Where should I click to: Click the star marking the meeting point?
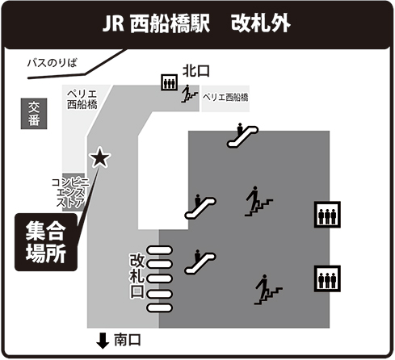[x=100, y=158]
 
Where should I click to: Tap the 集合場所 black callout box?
[x=46, y=242]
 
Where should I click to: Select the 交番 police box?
[x=34, y=114]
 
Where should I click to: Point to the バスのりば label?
[x=53, y=64]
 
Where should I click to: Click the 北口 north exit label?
[x=196, y=71]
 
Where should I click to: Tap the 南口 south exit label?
[x=128, y=340]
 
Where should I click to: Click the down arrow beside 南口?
[x=103, y=341]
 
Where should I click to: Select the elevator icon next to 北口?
[x=170, y=82]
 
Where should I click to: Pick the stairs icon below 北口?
[x=190, y=94]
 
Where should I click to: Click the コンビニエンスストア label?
[x=70, y=192]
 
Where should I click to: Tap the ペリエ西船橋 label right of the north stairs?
[x=225, y=97]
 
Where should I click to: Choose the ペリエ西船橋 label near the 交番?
[x=82, y=99]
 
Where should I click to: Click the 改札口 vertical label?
[x=137, y=275]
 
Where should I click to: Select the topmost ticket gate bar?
[x=159, y=250]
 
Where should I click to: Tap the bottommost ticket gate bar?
[x=159, y=308]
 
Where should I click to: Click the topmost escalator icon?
[x=242, y=135]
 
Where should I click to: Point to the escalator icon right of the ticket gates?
[x=200, y=262]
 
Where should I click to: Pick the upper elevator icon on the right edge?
[x=327, y=215]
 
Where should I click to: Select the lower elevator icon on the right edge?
[x=327, y=278]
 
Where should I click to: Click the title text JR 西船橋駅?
[x=156, y=23]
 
